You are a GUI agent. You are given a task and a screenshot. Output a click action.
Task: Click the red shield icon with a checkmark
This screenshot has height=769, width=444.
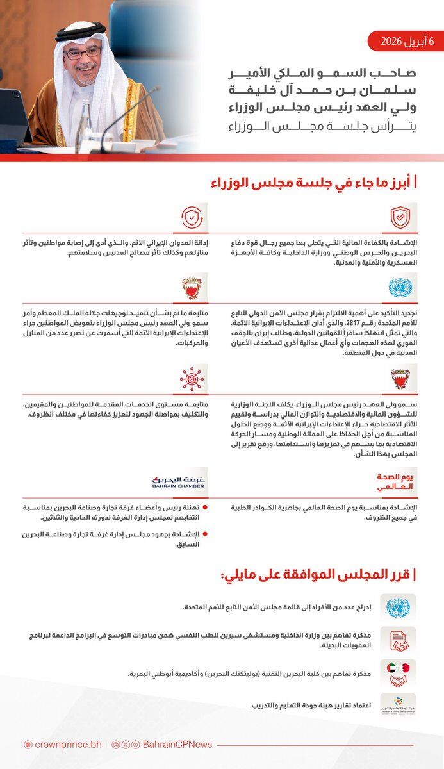[x=400, y=218]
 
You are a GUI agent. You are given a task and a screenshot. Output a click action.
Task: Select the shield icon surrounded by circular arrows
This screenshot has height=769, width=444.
[x=192, y=218]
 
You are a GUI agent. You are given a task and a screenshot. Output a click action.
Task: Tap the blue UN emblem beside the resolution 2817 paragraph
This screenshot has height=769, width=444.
[x=400, y=288]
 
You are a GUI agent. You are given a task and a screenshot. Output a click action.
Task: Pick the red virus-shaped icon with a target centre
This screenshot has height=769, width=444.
[x=192, y=379]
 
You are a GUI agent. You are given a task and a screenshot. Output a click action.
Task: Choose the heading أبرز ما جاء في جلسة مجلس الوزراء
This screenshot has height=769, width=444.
[x=314, y=183]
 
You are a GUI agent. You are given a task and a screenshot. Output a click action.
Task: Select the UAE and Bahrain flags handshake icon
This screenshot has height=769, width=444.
[x=398, y=674]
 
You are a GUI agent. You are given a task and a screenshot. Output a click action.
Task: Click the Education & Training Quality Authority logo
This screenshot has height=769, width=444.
[x=398, y=705]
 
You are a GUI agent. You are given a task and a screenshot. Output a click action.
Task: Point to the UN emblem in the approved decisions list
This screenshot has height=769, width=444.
[x=398, y=606]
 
